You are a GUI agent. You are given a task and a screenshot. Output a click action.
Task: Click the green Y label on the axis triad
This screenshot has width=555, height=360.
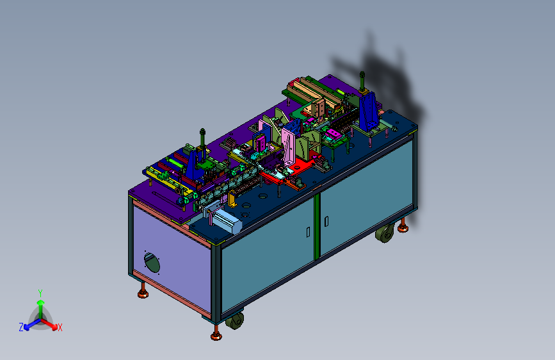40,293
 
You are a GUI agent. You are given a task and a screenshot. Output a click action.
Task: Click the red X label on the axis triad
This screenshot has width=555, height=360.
60,327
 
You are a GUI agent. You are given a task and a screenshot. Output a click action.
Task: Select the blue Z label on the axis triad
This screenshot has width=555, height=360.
21,327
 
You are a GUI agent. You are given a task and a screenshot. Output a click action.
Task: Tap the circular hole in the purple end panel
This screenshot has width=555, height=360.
152,262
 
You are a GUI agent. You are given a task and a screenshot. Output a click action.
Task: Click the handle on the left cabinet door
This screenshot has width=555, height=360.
309,232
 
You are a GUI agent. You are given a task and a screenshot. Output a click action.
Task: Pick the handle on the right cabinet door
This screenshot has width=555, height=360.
326,221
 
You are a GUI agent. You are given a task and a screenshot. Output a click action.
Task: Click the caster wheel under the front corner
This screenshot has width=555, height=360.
235,320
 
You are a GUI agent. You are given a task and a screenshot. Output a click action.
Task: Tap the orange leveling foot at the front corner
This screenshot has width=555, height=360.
216,335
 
